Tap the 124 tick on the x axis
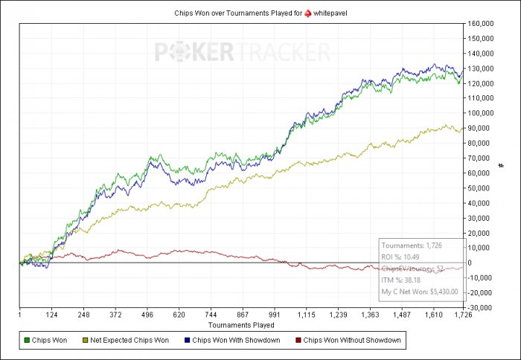51,315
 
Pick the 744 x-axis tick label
211,315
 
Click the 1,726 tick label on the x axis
463,315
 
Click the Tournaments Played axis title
241,325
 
